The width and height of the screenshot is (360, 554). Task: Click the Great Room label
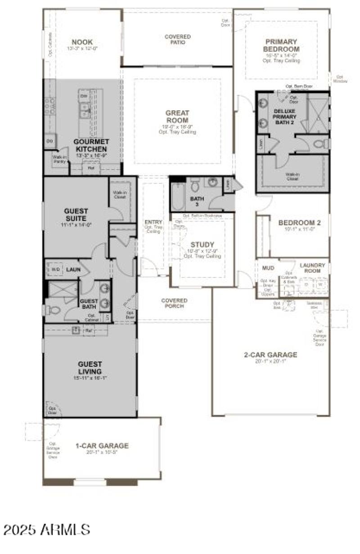(x=177, y=116)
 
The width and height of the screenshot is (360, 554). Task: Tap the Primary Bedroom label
(x=282, y=45)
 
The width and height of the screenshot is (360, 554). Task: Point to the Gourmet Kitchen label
(x=90, y=145)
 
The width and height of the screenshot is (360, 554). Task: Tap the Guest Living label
(x=90, y=368)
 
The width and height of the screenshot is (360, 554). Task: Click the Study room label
(x=202, y=245)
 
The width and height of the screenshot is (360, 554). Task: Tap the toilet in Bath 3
(x=195, y=185)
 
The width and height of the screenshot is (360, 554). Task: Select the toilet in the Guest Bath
(x=53, y=310)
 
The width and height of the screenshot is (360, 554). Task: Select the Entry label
(x=153, y=222)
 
